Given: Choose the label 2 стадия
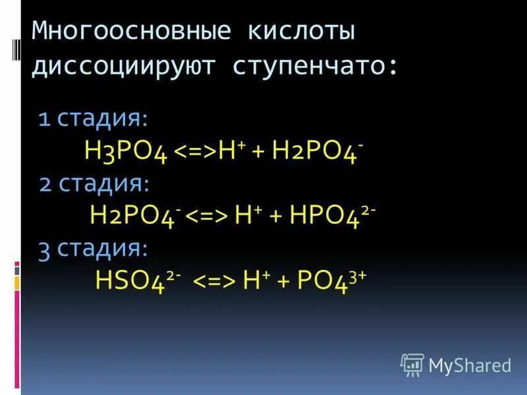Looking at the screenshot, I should click(94, 184).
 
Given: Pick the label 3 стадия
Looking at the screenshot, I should click(94, 248).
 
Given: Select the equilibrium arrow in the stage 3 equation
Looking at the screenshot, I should click(213, 281).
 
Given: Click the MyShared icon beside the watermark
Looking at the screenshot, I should click(412, 364).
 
